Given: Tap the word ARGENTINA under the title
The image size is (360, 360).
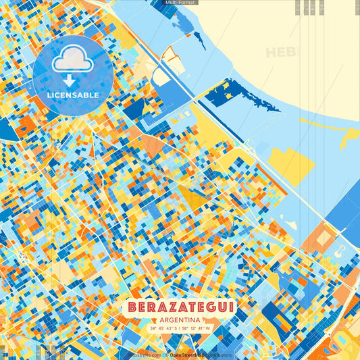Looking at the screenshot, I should pyautogui.click(x=180, y=319).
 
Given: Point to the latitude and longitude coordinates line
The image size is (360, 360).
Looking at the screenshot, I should pyautogui.click(x=180, y=329).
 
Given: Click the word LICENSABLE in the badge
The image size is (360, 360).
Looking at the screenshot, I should pyautogui.click(x=72, y=95).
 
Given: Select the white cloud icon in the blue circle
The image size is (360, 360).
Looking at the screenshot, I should pyautogui.click(x=72, y=61).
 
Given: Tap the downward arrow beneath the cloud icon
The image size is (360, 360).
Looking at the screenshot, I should pyautogui.click(x=72, y=79).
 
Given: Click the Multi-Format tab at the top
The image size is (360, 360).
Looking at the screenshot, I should pyautogui.click(x=180, y=3).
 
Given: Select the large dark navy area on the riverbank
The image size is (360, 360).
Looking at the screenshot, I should pyautogui.click(x=233, y=95).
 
